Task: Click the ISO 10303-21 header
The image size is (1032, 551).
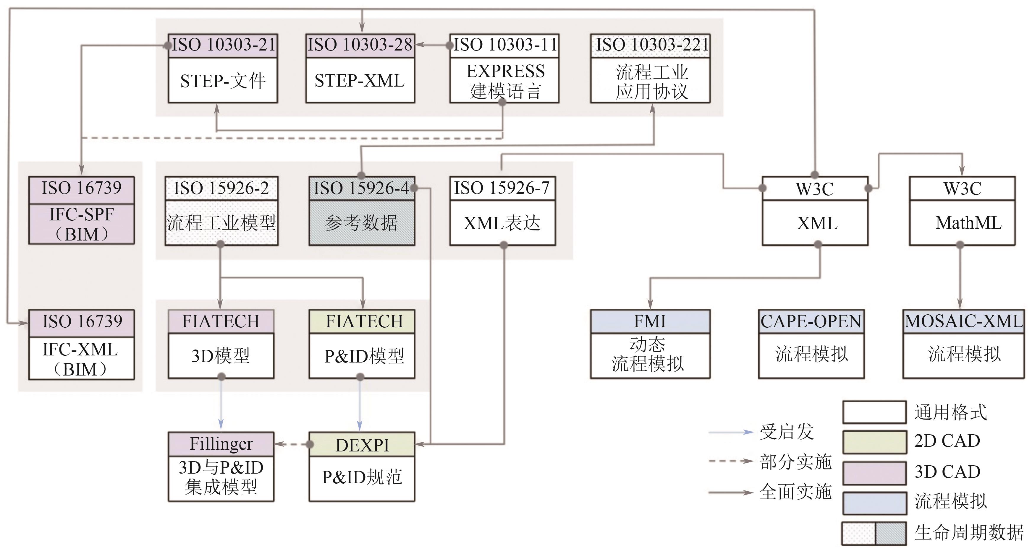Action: [x=223, y=45]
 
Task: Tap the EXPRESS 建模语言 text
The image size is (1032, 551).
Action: [x=505, y=81]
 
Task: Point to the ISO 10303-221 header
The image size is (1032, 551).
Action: [x=651, y=45]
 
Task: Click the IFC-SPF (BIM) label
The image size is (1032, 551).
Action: [x=81, y=224]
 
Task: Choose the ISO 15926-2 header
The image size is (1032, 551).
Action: [x=221, y=188]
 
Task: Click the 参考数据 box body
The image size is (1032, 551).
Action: [x=361, y=223]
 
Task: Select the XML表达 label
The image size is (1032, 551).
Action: [x=502, y=223]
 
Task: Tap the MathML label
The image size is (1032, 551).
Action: [x=968, y=223]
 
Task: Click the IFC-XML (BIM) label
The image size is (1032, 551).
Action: [x=81, y=359]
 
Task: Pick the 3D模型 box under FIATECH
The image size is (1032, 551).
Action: [x=221, y=356]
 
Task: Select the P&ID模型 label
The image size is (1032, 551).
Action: [x=364, y=356]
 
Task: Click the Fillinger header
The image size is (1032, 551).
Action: [x=221, y=444]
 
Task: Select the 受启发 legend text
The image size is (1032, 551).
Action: [x=786, y=432]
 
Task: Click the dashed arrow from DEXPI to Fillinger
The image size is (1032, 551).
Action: [x=292, y=444]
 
